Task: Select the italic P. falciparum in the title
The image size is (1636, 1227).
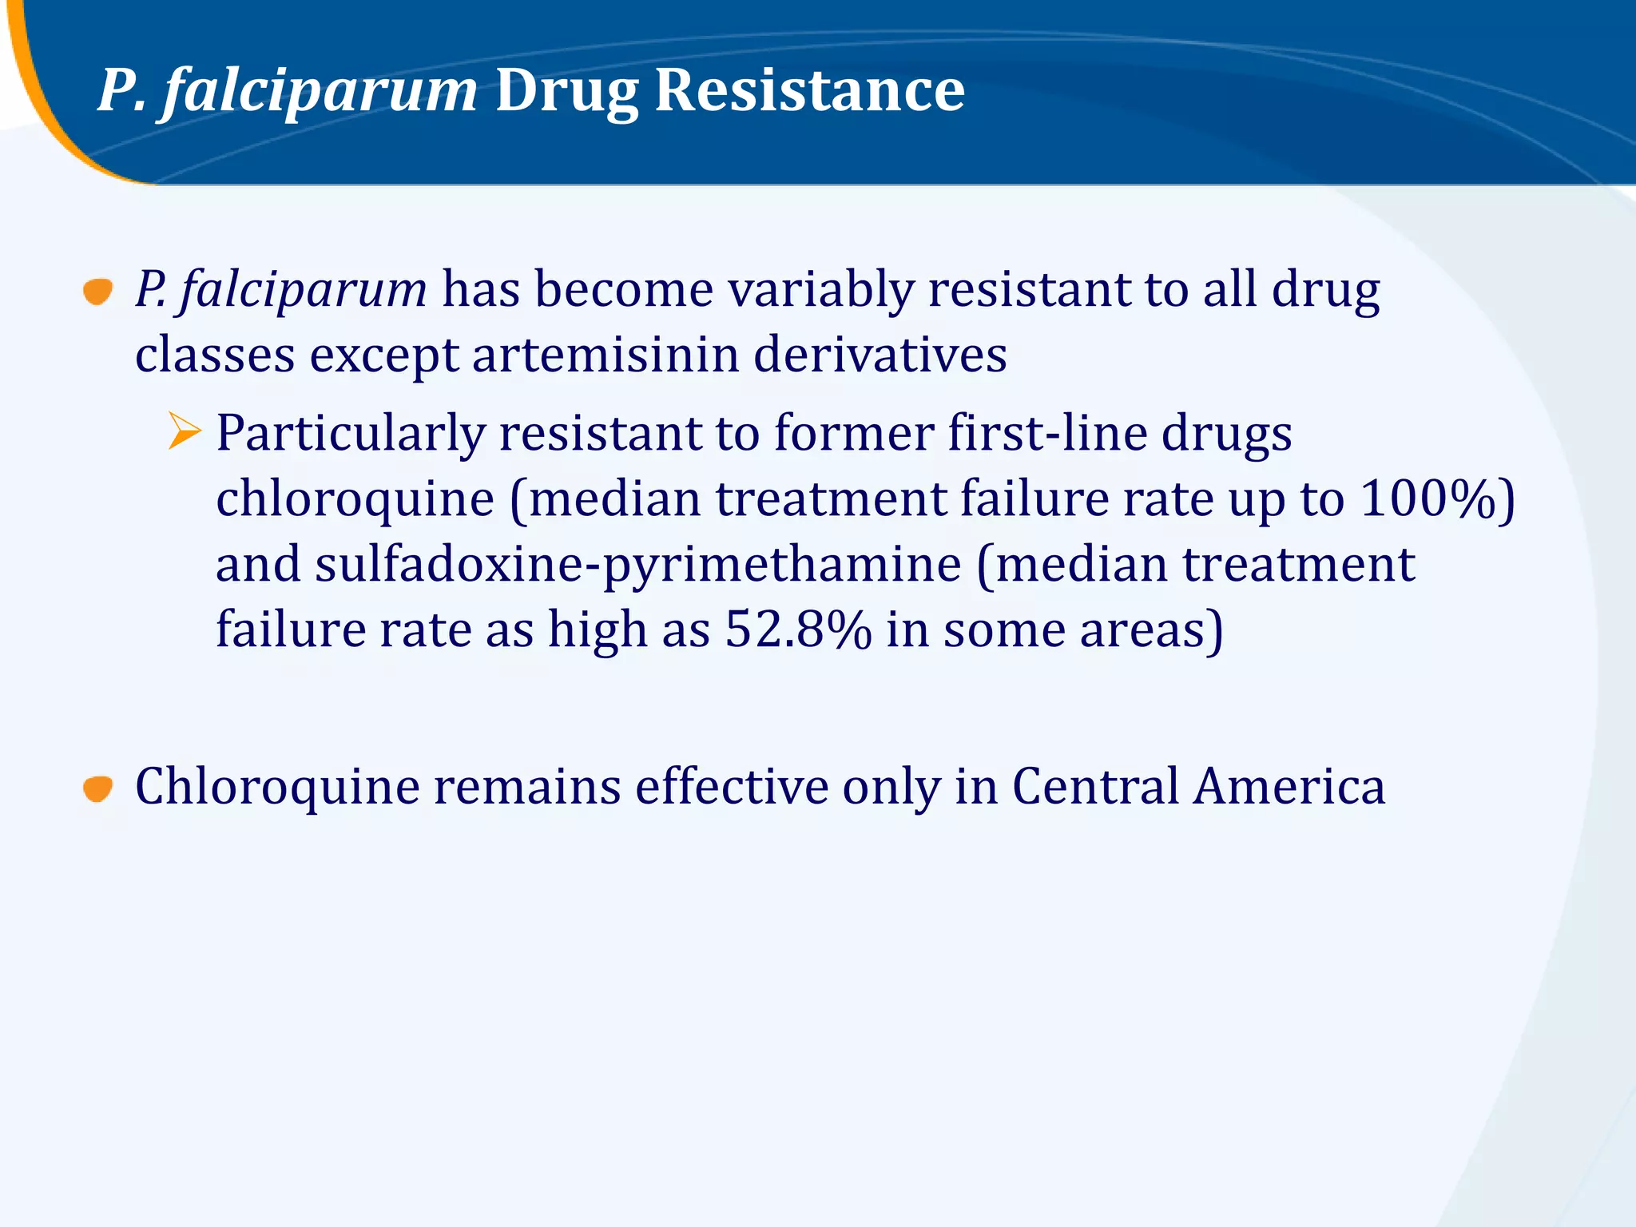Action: click(288, 91)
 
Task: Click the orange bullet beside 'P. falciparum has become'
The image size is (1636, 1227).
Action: click(98, 292)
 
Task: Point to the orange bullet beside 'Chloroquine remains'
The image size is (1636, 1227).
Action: click(98, 789)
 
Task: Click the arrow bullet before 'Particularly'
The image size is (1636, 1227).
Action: click(185, 431)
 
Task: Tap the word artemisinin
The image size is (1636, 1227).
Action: click(605, 354)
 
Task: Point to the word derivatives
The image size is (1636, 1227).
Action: click(880, 354)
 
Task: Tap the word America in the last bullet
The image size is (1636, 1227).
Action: click(1289, 786)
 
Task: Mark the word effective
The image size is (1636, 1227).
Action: click(731, 786)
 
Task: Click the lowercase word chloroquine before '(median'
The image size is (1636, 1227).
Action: click(355, 500)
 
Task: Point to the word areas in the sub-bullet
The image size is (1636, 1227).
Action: click(1142, 629)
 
